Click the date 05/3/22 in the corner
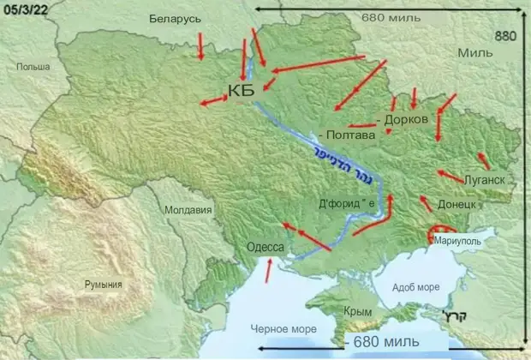[x=26, y=9]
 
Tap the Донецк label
[x=456, y=207]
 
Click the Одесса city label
[x=265, y=249]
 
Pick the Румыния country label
[x=102, y=285]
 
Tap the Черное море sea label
[x=283, y=329]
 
